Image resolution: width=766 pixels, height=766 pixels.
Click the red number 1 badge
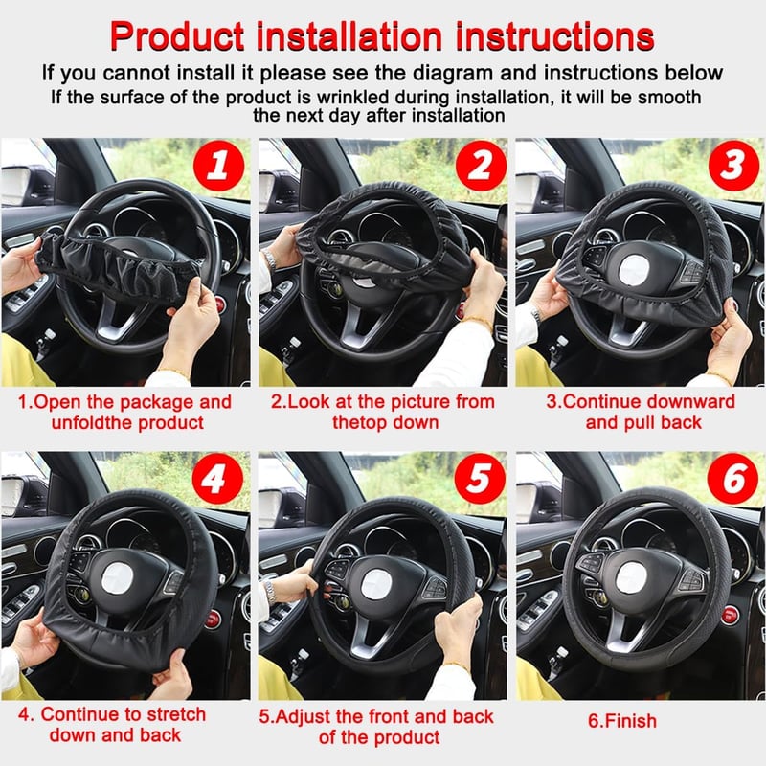218,166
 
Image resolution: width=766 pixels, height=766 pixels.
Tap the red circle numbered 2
481,166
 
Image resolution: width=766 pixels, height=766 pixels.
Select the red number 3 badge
733,166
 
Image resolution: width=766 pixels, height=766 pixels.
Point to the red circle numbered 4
217,479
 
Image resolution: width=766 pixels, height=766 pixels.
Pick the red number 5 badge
480,479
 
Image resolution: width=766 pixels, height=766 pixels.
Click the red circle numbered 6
732,479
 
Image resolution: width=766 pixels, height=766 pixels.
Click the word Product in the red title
177,36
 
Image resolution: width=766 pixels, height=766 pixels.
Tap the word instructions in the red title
554,36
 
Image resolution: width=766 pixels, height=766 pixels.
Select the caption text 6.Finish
622,721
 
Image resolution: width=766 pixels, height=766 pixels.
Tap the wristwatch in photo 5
270,591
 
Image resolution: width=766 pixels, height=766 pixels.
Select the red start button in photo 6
729,616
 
